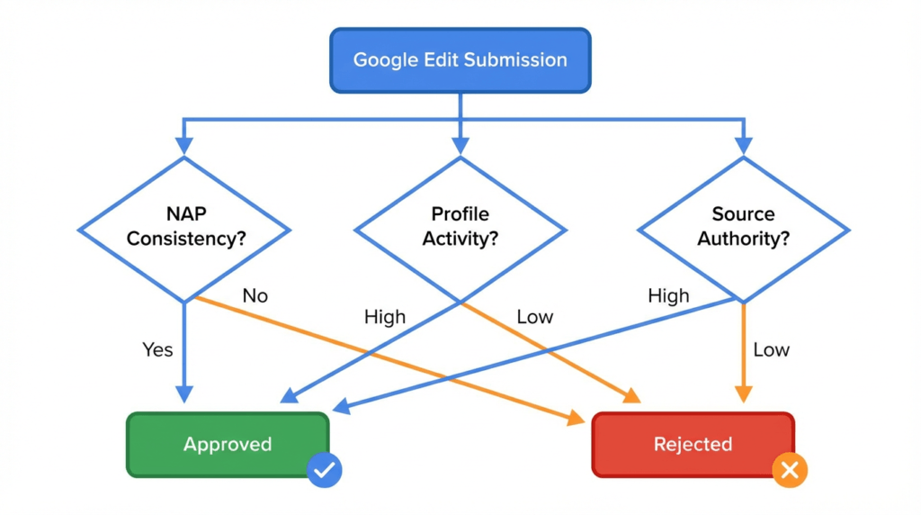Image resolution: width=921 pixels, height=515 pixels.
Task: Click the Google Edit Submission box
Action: coord(460,60)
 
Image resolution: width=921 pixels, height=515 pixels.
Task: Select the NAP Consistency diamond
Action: coord(184,229)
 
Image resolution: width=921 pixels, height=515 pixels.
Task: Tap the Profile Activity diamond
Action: coord(460,229)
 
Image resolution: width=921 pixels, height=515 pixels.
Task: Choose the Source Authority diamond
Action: coord(743,229)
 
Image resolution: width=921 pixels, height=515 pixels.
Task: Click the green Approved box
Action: coord(228,444)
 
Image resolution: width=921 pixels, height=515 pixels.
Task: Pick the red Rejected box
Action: coord(693,444)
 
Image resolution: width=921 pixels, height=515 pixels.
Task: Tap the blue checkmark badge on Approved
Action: coord(324,469)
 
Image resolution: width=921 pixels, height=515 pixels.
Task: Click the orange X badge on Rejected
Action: coord(790,469)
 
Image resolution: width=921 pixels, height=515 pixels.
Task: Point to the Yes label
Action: coord(157,349)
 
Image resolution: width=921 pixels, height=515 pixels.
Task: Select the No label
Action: coord(255,295)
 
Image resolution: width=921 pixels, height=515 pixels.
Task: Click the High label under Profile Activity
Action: coord(384,317)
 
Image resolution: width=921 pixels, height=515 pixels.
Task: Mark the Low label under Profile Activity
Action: coord(535,317)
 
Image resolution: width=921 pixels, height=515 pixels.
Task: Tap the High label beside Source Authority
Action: coord(668,295)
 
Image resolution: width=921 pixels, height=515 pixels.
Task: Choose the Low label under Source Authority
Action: coord(771,349)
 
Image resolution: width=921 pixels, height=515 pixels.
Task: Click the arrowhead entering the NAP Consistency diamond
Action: coord(184,146)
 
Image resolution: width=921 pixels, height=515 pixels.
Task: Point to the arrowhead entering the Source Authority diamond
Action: coord(743,146)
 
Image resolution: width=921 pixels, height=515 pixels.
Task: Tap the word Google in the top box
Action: coord(383,60)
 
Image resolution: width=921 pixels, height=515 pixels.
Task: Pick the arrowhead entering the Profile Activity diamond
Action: coord(460,146)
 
